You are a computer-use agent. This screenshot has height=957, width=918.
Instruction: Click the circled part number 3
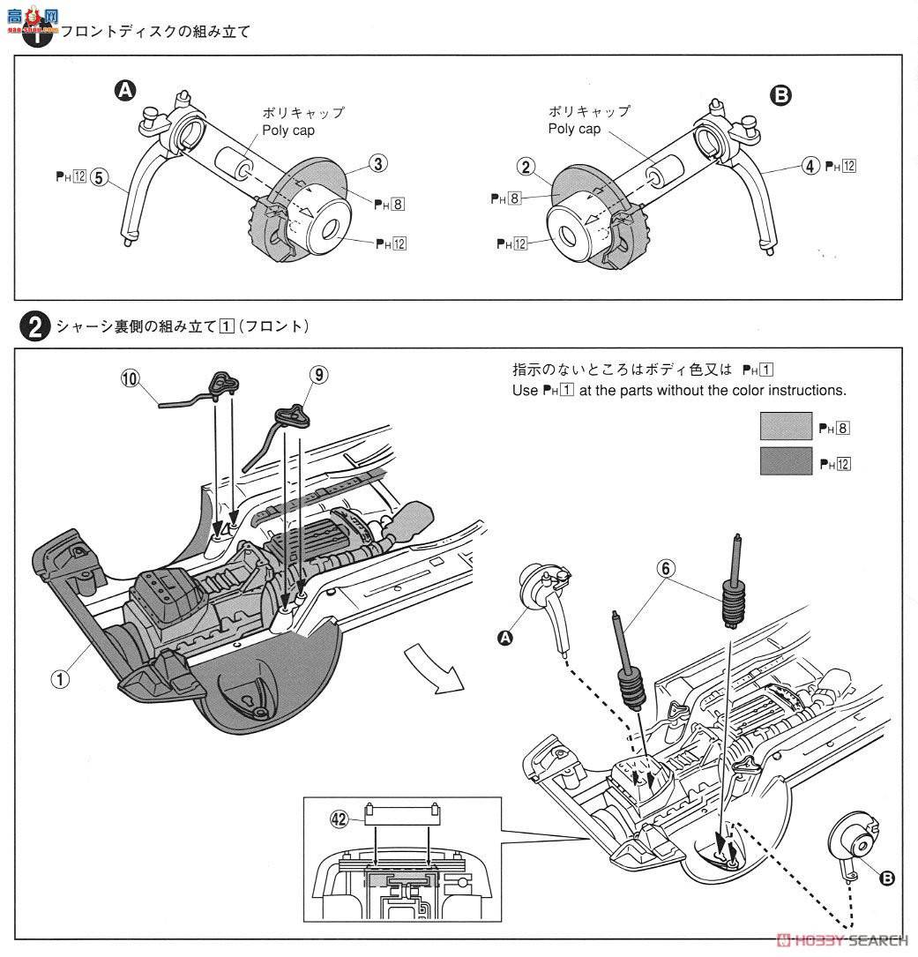coord(377,163)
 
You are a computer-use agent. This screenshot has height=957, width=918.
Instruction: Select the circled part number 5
coord(99,177)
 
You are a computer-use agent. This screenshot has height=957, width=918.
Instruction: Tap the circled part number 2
coord(525,165)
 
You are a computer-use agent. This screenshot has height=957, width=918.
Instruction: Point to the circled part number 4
coord(810,165)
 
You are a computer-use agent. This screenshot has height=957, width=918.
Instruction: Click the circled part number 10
coord(131,379)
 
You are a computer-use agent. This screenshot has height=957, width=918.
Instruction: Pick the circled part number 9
coord(318,374)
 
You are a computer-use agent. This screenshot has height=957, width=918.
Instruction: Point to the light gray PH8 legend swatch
coord(786,427)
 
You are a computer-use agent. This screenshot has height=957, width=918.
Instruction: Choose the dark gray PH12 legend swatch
coord(786,461)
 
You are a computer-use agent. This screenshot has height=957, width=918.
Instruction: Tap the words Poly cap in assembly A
coord(287,131)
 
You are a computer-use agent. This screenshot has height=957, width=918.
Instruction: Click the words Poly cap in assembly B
coord(574,129)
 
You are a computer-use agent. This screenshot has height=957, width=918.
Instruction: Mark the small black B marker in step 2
coord(887,877)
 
